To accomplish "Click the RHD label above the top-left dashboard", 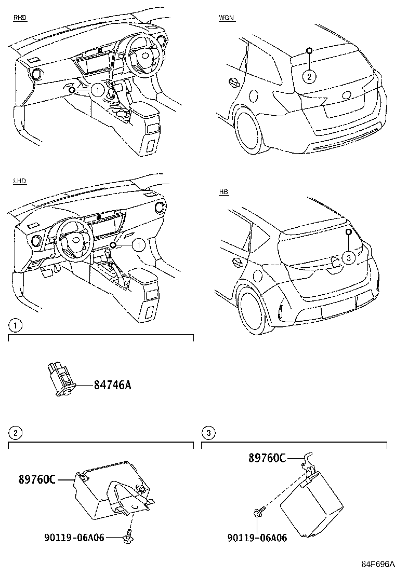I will (20, 18).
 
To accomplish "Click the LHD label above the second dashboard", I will (20, 181).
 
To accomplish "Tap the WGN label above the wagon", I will (226, 18).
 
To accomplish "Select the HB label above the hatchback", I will (223, 192).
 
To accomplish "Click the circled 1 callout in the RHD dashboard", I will (97, 90).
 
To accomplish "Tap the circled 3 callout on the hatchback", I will (349, 257).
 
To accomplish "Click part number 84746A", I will (112, 385).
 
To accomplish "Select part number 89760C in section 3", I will (267, 458).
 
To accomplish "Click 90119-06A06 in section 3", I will (257, 538).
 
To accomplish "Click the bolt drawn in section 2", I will (127, 538).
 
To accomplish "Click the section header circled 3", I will (208, 433).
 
